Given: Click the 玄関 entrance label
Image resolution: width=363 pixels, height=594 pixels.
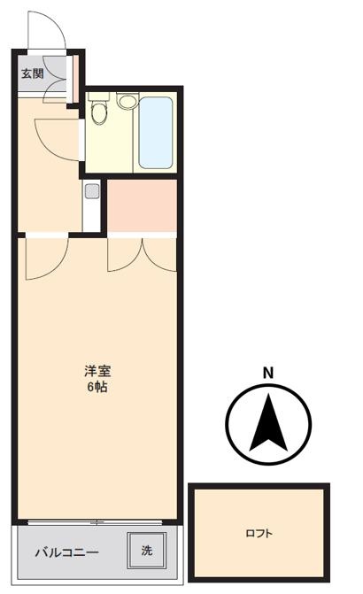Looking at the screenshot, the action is point(32,73).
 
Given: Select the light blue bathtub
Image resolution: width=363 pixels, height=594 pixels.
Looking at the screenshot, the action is point(155,133).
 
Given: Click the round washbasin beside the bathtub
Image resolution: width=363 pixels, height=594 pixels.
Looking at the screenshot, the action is point(127,101).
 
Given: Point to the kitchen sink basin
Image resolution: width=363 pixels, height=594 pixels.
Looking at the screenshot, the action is point(92,191).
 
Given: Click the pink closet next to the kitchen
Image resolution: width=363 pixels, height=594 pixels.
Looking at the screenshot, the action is point(142,205).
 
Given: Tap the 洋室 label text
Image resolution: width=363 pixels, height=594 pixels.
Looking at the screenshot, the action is point(97,371).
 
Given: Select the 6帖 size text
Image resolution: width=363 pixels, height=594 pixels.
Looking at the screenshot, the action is point(97,387).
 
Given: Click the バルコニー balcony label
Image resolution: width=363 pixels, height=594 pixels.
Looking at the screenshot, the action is point(67,552).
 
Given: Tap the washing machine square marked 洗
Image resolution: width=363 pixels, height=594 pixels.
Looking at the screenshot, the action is point(147,551).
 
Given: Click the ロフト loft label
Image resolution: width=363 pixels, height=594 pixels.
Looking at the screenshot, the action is point(259,534).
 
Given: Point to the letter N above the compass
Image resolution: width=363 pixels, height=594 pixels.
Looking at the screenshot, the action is point(268,374).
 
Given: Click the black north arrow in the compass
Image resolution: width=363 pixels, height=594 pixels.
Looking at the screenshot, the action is point(268,422).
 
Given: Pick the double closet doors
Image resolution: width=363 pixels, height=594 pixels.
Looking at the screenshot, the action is point(142,254).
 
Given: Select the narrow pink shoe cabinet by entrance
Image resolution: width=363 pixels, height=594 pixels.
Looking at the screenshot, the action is point(76,79).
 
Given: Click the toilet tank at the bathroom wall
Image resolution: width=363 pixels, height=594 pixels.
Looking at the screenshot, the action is point(99,96).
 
